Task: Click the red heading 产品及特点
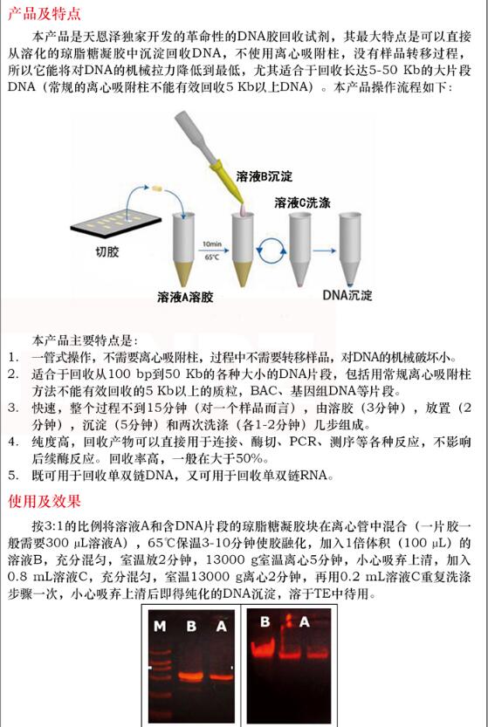coord(45,13)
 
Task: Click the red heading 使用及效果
coord(45,501)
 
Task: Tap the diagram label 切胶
coord(107,251)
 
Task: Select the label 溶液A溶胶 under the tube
coord(185,297)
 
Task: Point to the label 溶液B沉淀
coord(265,176)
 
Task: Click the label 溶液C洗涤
coord(302,202)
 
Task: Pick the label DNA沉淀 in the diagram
coord(347,295)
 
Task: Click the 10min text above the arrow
coord(212,243)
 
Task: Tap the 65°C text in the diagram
coord(212,257)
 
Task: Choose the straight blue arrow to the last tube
coord(324,250)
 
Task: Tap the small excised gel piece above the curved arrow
coord(158,189)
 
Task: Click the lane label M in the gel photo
coord(160,626)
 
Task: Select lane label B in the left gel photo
coord(191,626)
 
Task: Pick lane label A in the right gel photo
coord(305,621)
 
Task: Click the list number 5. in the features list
coord(13,476)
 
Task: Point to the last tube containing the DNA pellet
coord(350,249)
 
